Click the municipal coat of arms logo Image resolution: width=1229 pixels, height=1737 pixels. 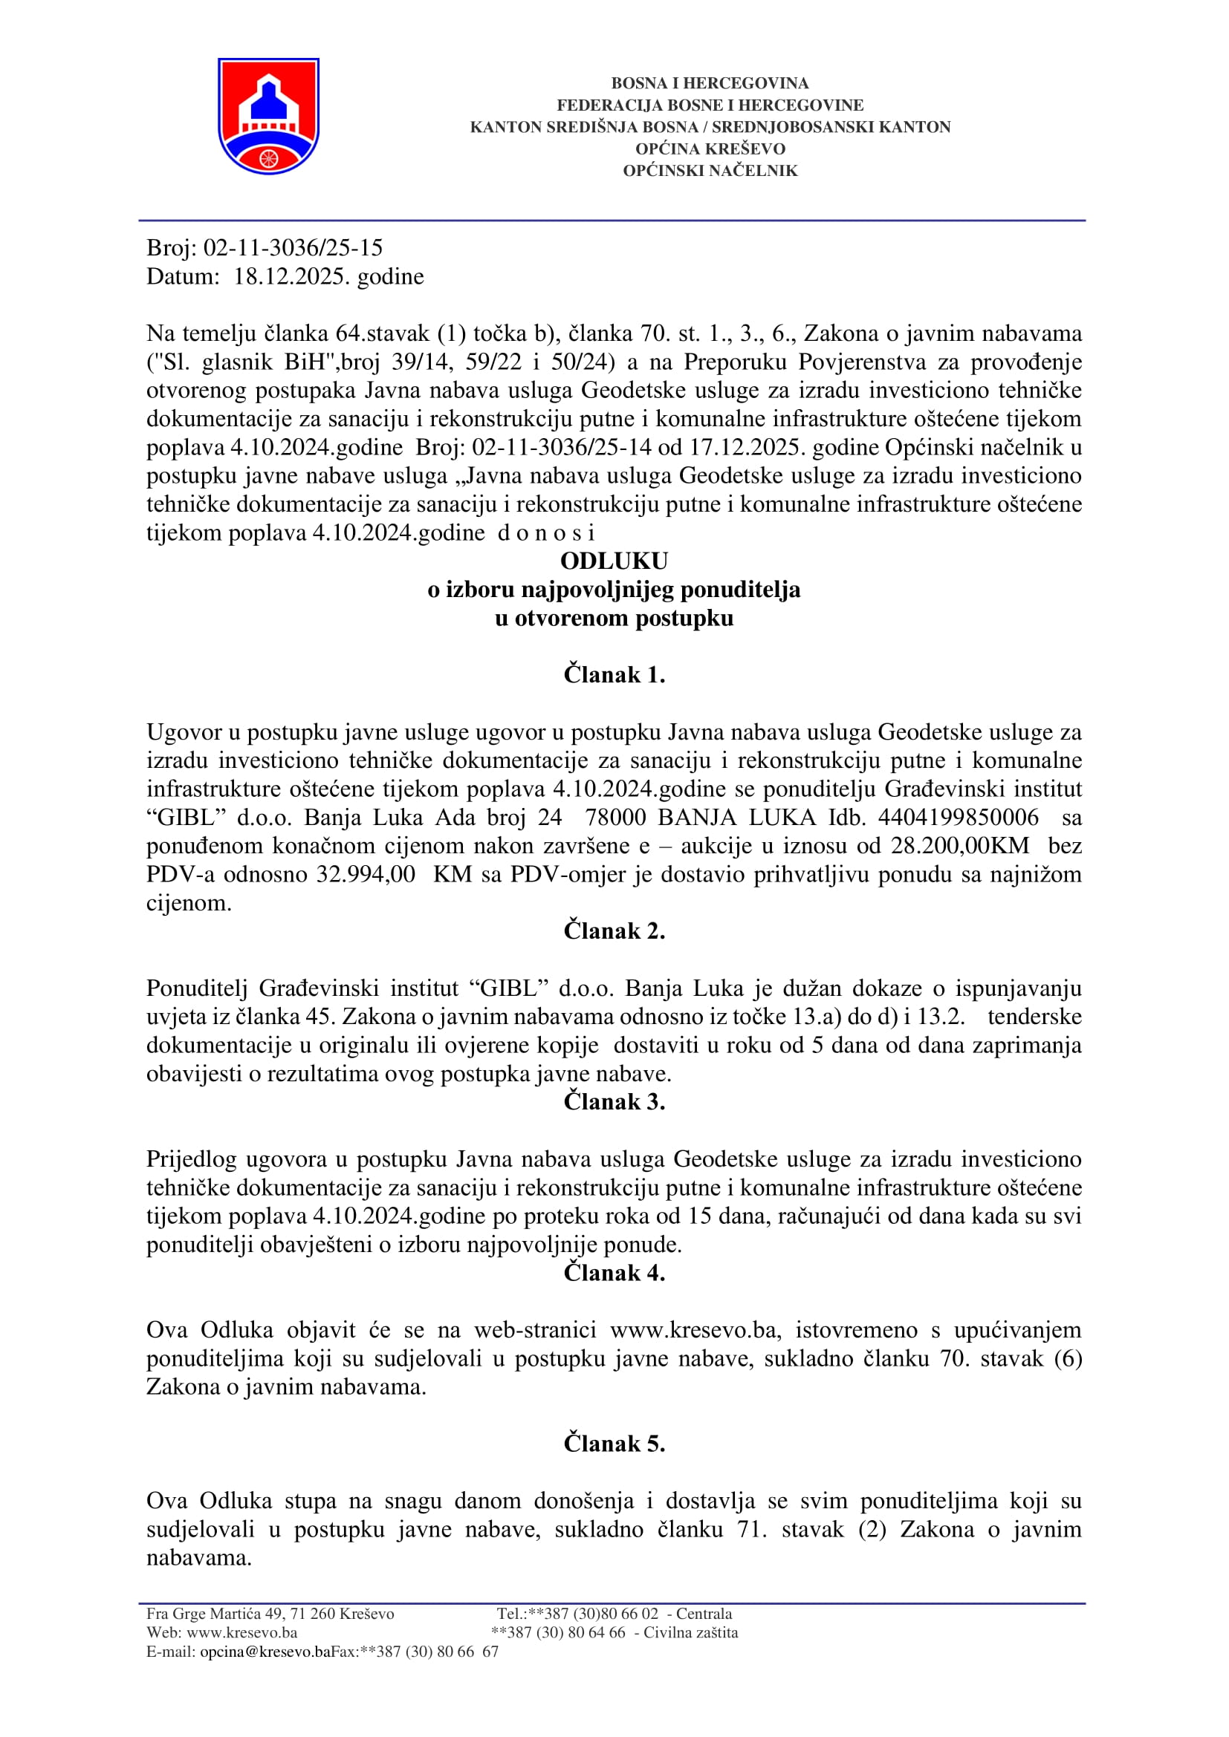click(269, 116)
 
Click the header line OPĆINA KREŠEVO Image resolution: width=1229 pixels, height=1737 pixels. click(710, 149)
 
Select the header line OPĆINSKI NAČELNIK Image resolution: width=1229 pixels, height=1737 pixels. click(710, 171)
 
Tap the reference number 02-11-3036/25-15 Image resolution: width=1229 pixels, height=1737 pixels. click(293, 248)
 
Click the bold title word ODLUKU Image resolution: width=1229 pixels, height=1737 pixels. click(614, 561)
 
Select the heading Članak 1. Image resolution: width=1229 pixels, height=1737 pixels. click(614, 675)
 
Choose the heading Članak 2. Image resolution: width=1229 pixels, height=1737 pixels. click(614, 931)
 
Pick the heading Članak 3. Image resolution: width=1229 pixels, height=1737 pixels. click(614, 1102)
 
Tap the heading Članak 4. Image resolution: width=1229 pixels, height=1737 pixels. click(614, 1274)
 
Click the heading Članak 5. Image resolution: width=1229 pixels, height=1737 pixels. click(614, 1444)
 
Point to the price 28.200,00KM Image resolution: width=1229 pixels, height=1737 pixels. click(959, 846)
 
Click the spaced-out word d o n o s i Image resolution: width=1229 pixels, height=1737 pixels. click(545, 533)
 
